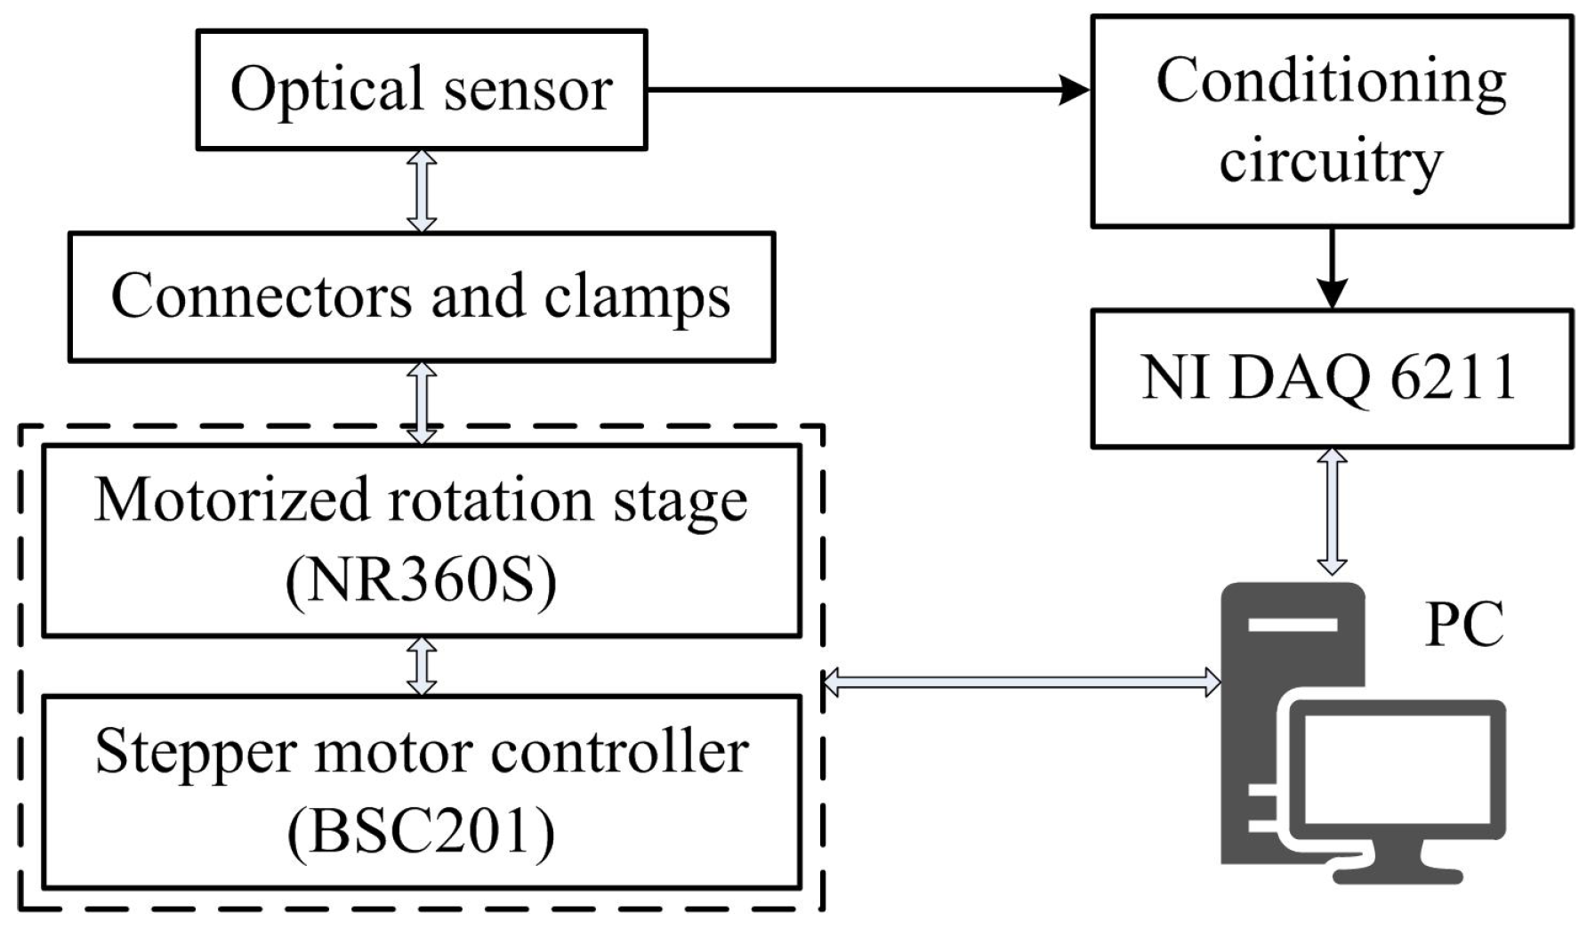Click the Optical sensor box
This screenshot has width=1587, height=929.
pyautogui.click(x=421, y=90)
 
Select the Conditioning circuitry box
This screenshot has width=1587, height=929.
pyautogui.click(x=1331, y=121)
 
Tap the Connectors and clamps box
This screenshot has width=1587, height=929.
pyautogui.click(x=421, y=297)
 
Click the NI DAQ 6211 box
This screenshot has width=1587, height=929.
pyautogui.click(x=1331, y=378)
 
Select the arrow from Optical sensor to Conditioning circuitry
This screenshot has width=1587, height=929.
pyautogui.click(x=867, y=90)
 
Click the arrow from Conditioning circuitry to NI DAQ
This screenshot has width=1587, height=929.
pyautogui.click(x=1332, y=268)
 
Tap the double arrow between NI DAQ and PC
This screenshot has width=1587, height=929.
pyautogui.click(x=1332, y=512)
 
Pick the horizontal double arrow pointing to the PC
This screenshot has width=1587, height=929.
pyautogui.click(x=1020, y=683)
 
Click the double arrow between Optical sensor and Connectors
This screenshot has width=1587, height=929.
pyautogui.click(x=421, y=191)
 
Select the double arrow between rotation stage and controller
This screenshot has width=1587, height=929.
pyautogui.click(x=421, y=666)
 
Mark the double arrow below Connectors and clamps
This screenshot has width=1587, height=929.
pyautogui.click(x=421, y=402)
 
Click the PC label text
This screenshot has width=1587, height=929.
pyautogui.click(x=1464, y=626)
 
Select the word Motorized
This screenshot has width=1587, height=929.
pyautogui.click(x=231, y=501)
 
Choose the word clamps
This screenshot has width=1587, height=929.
pyautogui.click(x=637, y=297)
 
